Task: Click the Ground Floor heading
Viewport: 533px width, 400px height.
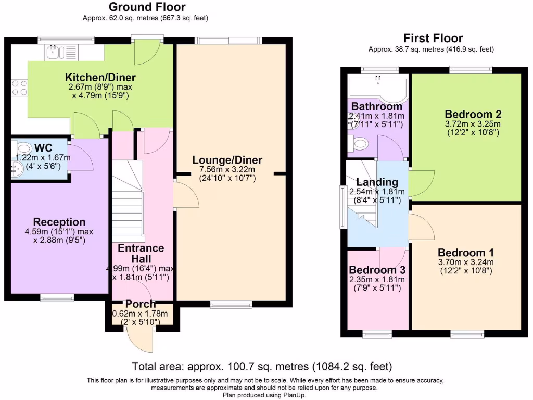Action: tap(147, 7)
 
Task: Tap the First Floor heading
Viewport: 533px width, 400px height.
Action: tap(433, 38)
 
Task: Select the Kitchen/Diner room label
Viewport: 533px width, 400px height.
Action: tap(100, 77)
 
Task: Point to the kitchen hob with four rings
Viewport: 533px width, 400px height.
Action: tap(19, 87)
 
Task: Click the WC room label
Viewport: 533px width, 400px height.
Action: tap(44, 148)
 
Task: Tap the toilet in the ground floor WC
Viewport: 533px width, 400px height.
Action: tap(21, 148)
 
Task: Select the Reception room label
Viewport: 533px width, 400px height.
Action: tap(59, 222)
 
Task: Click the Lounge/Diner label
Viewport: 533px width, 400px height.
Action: tap(227, 160)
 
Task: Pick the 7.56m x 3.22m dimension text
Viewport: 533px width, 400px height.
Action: tap(227, 169)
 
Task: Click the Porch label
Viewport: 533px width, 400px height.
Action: tap(141, 304)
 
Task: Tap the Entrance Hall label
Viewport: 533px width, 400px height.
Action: tap(141, 254)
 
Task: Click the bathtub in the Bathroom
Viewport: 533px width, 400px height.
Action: tap(377, 87)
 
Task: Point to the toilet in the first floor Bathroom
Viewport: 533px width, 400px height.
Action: tap(358, 143)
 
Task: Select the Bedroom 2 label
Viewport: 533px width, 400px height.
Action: tap(473, 114)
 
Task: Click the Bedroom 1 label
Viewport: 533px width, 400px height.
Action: tap(466, 253)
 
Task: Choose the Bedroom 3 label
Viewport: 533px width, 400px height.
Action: tap(377, 270)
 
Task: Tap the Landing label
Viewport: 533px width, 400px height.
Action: tap(377, 182)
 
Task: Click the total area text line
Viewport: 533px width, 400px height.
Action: tap(262, 367)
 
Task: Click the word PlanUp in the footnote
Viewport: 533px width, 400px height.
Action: tap(295, 395)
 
